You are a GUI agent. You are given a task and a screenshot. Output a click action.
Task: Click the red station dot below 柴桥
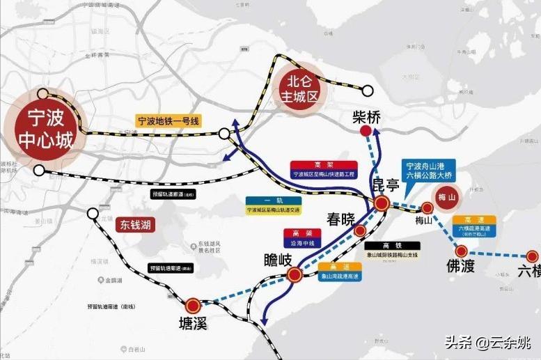(365, 131)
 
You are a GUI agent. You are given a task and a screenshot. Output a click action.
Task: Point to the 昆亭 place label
(387, 187)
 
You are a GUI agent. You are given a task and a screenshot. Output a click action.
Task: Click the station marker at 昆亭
(382, 203)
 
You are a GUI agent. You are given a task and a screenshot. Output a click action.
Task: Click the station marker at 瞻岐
(295, 275)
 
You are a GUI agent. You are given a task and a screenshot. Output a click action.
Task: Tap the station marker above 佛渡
(461, 251)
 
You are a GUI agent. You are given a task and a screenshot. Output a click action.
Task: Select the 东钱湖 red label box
(135, 225)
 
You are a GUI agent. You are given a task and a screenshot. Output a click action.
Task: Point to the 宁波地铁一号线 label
(168, 121)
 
